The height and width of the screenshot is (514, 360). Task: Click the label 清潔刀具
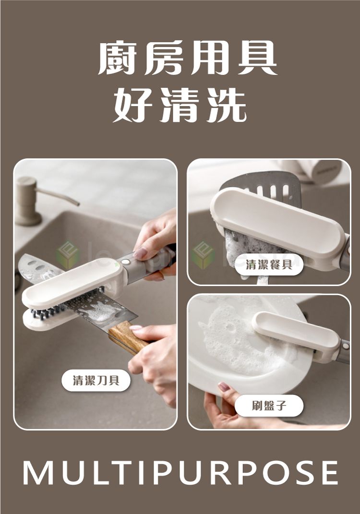coord(96,381)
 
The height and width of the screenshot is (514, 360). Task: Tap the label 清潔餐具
coord(269,264)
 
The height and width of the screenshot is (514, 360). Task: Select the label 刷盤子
coord(269,406)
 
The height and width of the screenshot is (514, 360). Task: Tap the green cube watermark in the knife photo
coord(67,255)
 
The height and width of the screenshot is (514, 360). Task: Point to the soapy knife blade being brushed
coord(98,307)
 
